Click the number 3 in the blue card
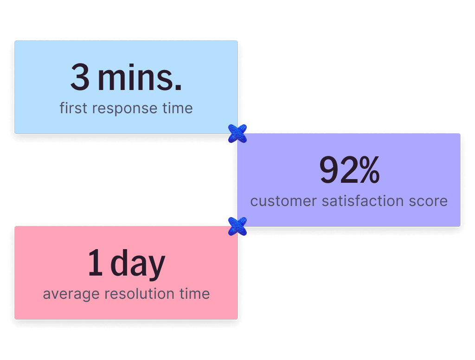pyautogui.click(x=80, y=78)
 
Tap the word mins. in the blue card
pyautogui.click(x=139, y=78)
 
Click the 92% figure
pyautogui.click(x=349, y=170)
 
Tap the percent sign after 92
pyautogui.click(x=369, y=170)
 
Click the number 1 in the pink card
pyautogui.click(x=95, y=263)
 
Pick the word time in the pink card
pyautogui.click(x=194, y=294)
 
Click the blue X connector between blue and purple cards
pyautogui.click(x=237, y=134)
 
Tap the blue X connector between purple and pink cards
pyautogui.click(x=237, y=226)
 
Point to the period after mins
pyautogui.click(x=178, y=88)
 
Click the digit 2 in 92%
pyautogui.click(x=348, y=170)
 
